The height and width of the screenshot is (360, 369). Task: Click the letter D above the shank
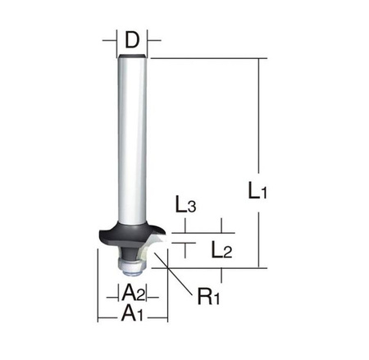[x=132, y=38]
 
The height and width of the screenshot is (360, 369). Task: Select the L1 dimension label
[x=281, y=194]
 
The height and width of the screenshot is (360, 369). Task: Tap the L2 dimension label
[x=220, y=248]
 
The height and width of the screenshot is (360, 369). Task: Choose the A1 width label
[x=130, y=312]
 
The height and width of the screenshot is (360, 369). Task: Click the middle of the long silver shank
[x=132, y=139]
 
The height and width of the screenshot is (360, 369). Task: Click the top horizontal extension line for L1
[x=205, y=58]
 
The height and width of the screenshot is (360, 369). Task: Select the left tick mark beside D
[x=108, y=38]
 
